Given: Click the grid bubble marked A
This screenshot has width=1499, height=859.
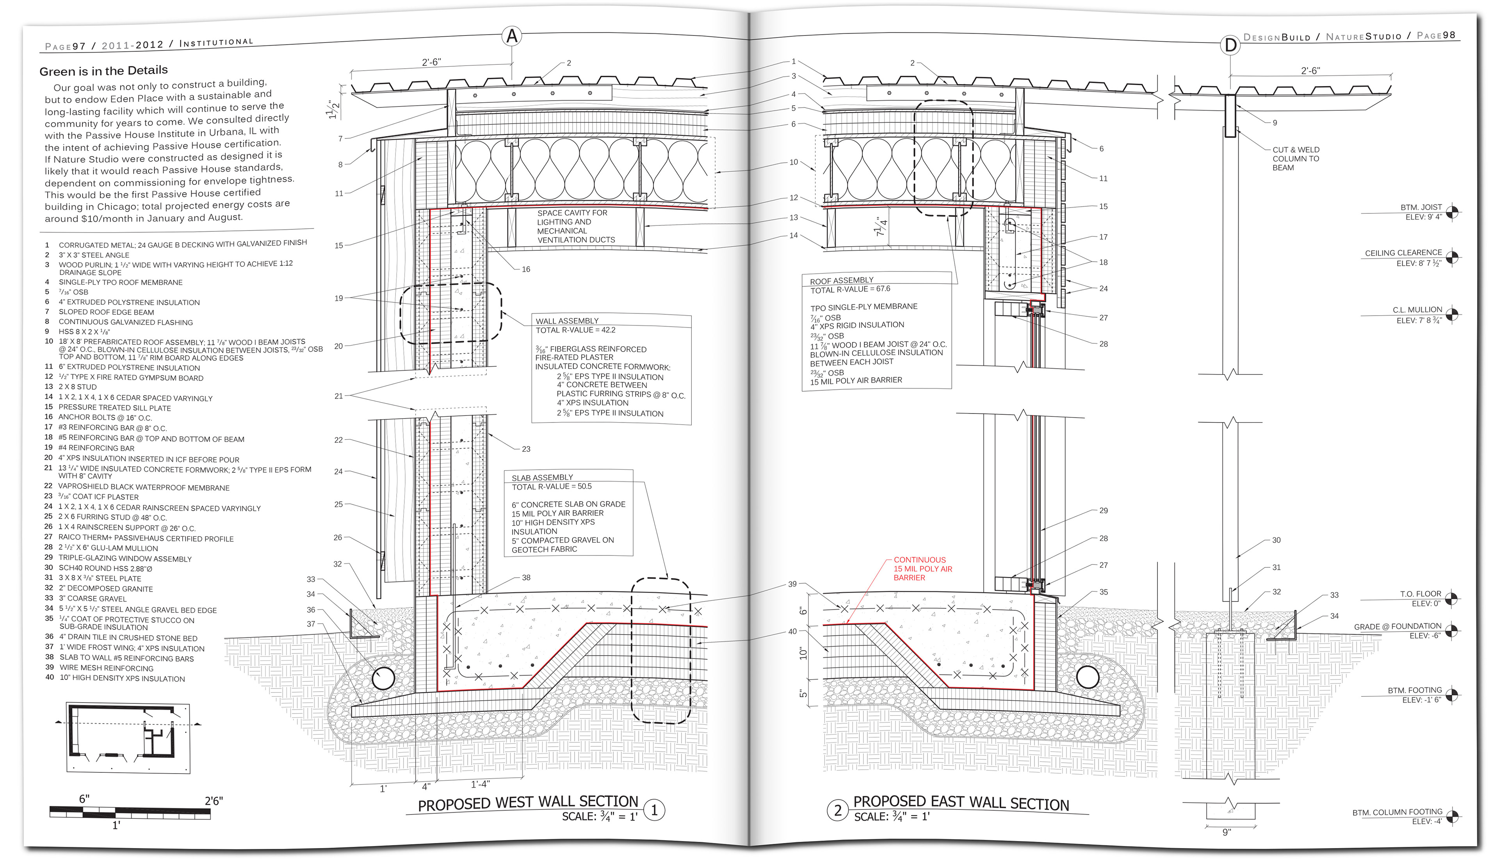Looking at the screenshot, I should [512, 37].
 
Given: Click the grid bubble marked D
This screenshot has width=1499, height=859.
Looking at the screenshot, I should [1230, 45].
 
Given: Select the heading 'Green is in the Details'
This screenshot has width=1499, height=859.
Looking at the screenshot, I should [103, 71].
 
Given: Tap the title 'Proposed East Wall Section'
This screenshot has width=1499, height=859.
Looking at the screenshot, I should [961, 803].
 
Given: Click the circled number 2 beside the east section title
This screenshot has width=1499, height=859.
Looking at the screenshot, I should [837, 811].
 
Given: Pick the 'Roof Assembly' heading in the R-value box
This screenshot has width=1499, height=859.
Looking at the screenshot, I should [841, 280].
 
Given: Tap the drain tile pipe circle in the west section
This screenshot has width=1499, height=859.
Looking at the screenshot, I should [383, 678].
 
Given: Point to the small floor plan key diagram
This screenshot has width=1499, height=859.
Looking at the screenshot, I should [128, 737].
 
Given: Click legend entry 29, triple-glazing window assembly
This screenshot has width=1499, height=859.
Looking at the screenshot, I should [124, 558].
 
